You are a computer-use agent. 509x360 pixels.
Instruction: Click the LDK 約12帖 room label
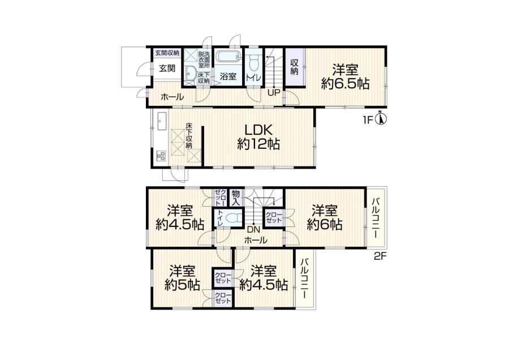tap(258, 137)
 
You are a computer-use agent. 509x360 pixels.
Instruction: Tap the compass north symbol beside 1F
tap(381, 118)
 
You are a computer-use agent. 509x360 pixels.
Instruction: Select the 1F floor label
tap(368, 120)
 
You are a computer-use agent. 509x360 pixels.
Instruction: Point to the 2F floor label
tap(380, 256)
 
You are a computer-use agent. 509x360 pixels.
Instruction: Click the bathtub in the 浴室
tap(228, 56)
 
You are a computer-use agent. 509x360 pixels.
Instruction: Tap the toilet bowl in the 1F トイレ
tap(253, 62)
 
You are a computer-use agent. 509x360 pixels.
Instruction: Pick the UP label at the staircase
tap(274, 93)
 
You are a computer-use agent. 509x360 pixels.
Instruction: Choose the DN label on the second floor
tap(253, 230)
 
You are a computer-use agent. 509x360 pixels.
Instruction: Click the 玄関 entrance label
tap(167, 68)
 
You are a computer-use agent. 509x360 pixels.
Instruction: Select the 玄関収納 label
tap(167, 53)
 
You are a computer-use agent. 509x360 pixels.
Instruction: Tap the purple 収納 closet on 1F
tap(295, 67)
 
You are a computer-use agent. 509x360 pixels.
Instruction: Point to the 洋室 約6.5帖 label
tap(345, 76)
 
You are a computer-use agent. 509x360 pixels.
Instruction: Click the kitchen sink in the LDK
tap(162, 121)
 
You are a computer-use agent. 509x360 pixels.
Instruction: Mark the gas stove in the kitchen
tap(161, 156)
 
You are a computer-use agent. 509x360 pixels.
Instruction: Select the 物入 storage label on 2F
tap(236, 198)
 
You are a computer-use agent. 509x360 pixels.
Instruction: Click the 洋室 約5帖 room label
tap(182, 278)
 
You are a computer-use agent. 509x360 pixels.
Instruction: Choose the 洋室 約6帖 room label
tap(325, 217)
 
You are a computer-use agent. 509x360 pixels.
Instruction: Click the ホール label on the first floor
tap(172, 97)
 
